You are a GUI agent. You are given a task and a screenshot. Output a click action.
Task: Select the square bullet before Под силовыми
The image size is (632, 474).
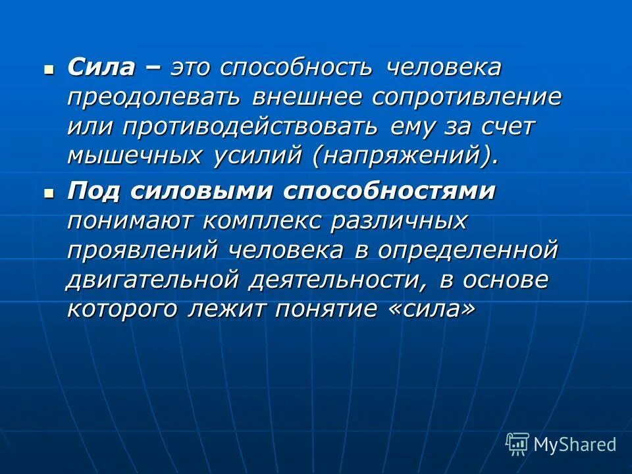coord(47,192)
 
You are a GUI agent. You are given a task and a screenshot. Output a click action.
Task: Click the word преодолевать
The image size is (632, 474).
coord(153,97)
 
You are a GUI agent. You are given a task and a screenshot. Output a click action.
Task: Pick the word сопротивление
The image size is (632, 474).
coord(467,97)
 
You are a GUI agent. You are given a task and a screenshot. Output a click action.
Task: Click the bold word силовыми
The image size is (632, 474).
coord(201,191)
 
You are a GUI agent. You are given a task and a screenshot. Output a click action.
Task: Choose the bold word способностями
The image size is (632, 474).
coord(390,191)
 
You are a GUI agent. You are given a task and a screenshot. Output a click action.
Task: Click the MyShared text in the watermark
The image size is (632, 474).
coord(575,445)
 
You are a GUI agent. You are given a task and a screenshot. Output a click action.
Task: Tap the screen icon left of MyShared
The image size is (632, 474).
coord(517,444)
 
